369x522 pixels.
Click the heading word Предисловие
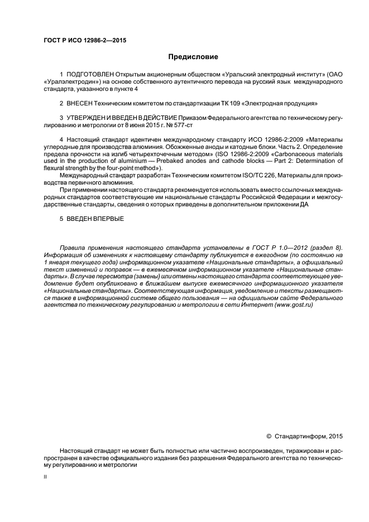[x=193, y=57]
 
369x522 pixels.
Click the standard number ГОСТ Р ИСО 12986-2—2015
[x=82, y=40]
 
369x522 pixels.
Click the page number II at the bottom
[x=45, y=477]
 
